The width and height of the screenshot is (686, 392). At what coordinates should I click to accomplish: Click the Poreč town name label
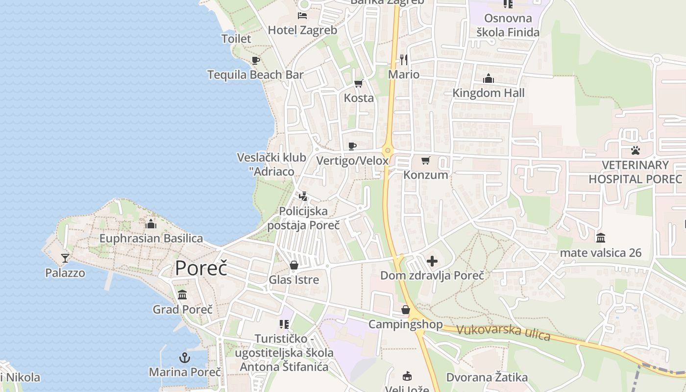tap(201, 268)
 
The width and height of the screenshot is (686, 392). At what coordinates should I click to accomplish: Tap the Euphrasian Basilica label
tap(151, 239)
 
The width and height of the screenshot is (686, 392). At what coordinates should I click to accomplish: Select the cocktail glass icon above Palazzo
tap(65, 258)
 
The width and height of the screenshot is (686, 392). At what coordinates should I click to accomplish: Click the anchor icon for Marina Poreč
tap(185, 357)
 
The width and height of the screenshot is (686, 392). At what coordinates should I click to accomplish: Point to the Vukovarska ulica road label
tap(504, 332)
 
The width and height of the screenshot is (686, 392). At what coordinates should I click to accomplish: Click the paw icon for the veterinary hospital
tap(636, 150)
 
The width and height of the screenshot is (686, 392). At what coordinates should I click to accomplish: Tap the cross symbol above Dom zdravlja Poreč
tap(432, 261)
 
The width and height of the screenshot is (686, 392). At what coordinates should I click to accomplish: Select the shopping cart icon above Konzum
tap(426, 160)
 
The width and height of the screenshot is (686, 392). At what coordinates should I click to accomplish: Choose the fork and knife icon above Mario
tap(404, 60)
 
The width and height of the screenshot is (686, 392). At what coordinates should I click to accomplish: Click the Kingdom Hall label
tap(489, 93)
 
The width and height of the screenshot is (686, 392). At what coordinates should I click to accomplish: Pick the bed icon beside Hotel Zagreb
tap(302, 16)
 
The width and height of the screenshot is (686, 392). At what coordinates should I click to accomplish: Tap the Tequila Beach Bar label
tap(255, 75)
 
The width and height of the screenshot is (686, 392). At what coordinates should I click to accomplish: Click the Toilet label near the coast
tap(236, 39)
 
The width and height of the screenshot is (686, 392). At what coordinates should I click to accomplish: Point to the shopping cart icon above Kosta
tap(359, 83)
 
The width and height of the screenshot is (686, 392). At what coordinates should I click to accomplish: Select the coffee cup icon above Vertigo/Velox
tap(352, 146)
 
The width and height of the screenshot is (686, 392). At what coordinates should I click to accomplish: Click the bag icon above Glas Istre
tap(294, 265)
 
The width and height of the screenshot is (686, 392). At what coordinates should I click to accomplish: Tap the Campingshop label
tap(405, 324)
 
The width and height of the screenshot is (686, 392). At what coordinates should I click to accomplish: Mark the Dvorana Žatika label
tap(487, 377)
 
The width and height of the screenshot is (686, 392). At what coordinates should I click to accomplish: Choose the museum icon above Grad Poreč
tap(182, 294)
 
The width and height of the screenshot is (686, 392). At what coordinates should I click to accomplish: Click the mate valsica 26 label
tap(601, 253)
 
